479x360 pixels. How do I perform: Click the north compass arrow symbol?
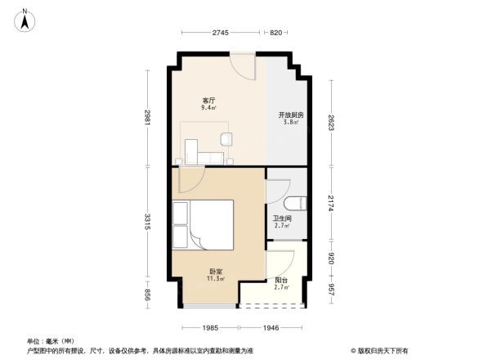pos(25,20)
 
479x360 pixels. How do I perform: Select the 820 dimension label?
pos(275,32)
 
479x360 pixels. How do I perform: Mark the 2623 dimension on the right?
pos(332,122)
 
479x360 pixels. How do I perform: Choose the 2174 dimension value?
pos(332,202)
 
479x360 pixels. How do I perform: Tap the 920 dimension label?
pos(332,258)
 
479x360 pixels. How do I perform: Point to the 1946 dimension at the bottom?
pos(271,327)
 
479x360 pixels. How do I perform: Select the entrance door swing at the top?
pos(243,65)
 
